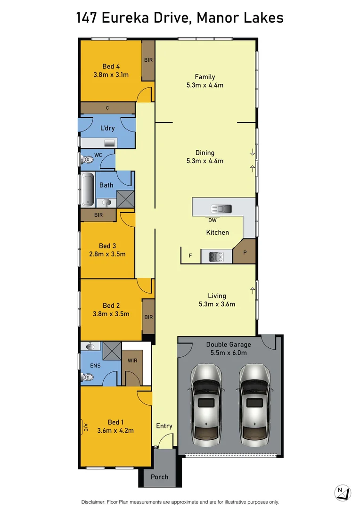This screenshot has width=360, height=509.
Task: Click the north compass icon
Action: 343,493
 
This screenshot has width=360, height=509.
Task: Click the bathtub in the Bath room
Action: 88,189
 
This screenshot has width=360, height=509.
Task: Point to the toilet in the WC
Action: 87,160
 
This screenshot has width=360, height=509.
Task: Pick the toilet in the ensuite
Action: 87,377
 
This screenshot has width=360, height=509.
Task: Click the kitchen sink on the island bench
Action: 221,208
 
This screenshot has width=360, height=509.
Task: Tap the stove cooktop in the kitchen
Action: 216,257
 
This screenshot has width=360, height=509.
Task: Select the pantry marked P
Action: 245,252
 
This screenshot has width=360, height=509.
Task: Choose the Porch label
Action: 159,477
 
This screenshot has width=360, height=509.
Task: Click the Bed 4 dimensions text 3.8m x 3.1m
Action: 111,74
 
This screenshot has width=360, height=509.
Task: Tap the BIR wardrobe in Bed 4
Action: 148,60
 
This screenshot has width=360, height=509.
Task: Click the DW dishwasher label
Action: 212,220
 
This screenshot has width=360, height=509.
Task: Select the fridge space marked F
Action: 190,256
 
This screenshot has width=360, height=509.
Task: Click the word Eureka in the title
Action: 125,18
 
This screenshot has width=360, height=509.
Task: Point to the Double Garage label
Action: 229,345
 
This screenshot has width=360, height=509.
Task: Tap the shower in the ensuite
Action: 112,351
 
